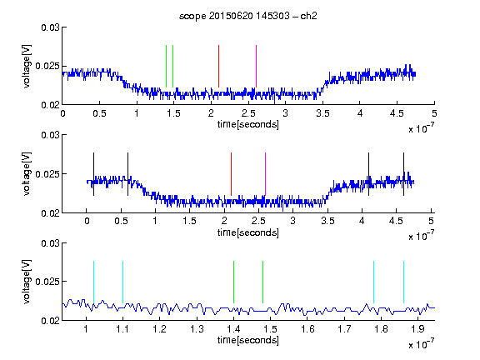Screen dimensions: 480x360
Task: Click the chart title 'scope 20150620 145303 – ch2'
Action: tap(248, 16)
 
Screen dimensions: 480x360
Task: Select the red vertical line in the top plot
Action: tap(218, 66)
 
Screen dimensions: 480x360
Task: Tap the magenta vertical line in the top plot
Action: tap(256, 66)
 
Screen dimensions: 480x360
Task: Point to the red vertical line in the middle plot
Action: tap(231, 174)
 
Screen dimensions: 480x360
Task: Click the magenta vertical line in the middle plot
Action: tap(265, 174)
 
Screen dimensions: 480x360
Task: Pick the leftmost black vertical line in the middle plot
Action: tap(93, 174)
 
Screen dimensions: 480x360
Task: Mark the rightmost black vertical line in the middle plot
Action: tap(403, 174)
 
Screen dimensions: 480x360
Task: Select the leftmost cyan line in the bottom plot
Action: tap(93, 282)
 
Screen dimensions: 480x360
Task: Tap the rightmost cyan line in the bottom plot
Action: tap(403, 282)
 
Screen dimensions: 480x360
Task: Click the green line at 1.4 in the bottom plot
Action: tap(233, 282)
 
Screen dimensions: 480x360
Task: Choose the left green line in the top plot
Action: tap(166, 66)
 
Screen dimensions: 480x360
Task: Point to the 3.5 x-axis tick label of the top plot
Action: tap(322, 113)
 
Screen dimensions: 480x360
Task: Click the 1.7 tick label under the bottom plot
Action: tap(344, 329)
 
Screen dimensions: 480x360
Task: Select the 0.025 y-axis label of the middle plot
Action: tap(47, 174)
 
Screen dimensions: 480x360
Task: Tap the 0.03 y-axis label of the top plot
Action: tap(50, 27)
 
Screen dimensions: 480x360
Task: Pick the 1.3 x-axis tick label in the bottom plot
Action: tap(197, 329)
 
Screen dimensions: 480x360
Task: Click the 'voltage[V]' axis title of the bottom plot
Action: tap(27, 282)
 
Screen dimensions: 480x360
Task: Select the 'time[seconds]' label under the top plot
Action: tap(248, 124)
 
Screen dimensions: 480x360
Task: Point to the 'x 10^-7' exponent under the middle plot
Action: tap(421, 236)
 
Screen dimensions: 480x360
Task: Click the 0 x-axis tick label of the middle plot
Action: tap(87, 221)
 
